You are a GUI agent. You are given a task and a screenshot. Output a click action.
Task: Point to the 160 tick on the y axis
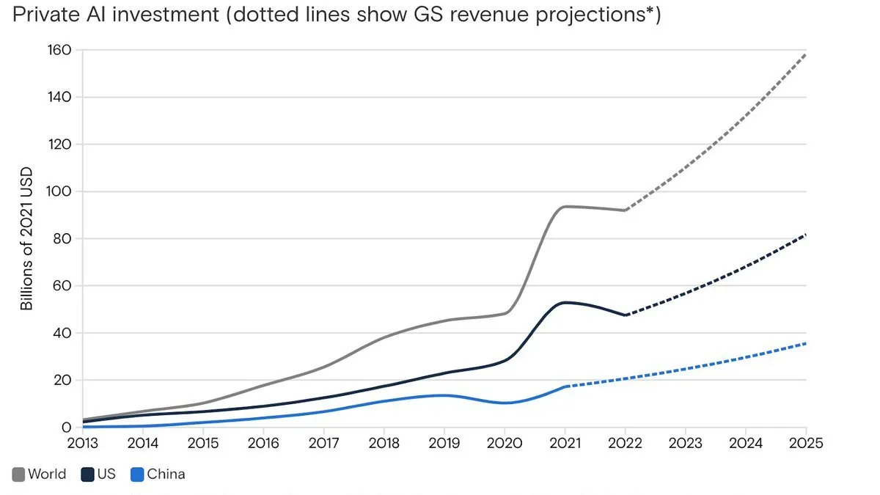[x=60, y=50]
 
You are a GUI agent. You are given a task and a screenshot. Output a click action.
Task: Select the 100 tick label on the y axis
[x=60, y=191]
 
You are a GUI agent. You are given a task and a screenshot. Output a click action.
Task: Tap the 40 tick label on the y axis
[x=64, y=333]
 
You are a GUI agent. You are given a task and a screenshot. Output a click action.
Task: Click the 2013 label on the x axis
[x=82, y=443]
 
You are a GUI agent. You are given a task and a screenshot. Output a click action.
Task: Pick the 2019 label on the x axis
[x=444, y=443]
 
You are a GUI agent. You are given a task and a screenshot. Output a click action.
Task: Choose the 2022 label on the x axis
[x=625, y=443]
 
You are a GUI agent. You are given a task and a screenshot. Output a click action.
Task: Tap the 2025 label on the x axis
[x=805, y=443]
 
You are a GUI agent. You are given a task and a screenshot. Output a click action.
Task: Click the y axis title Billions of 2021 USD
[x=27, y=239]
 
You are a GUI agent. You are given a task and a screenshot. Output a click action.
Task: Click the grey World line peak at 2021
[x=565, y=207]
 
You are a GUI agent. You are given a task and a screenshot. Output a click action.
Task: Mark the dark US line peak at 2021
[x=565, y=302]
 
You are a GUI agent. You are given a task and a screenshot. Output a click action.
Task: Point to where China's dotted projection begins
[x=565, y=386]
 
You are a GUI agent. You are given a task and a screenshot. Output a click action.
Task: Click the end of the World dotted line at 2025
[x=805, y=54]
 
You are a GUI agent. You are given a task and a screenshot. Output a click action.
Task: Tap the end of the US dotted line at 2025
[x=805, y=235]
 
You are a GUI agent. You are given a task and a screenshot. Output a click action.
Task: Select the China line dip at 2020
[x=505, y=403]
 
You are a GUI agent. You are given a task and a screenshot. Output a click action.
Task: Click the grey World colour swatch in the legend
[x=18, y=474]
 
